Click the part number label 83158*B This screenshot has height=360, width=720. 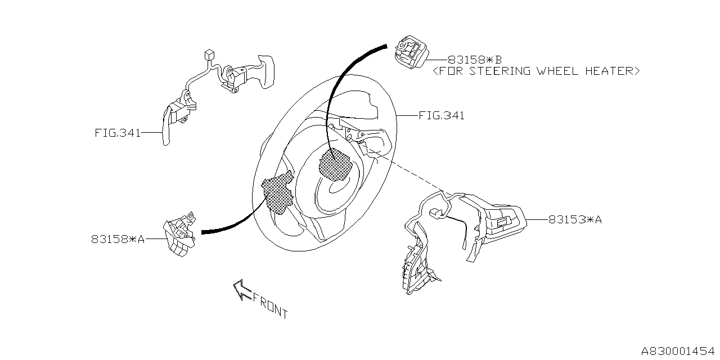tap(474, 59)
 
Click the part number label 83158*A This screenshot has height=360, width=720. tap(118, 239)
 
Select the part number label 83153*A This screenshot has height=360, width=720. tap(575, 220)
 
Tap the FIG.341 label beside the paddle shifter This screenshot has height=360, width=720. tap(117, 133)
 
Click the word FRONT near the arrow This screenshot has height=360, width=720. tap(270, 305)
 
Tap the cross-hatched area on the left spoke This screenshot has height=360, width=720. tap(278, 192)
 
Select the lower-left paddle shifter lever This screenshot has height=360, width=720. tap(166, 125)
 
